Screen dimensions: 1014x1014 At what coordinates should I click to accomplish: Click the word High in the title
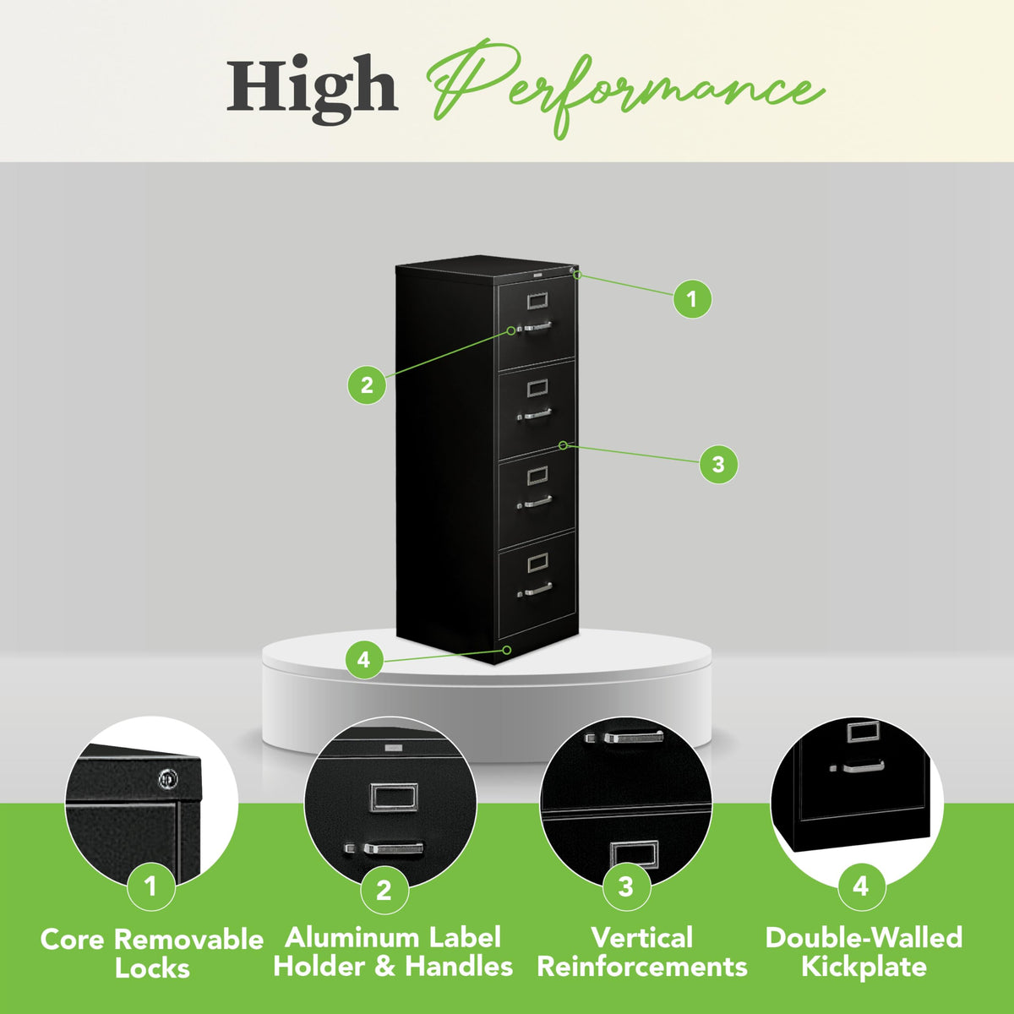coord(313,90)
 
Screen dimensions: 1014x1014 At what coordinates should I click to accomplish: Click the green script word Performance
coord(625,89)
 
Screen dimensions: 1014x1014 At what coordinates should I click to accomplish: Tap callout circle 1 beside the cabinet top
coord(693,298)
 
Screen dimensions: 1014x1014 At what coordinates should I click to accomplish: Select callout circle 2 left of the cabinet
coord(367,385)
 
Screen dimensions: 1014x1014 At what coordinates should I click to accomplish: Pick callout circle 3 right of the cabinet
coord(718,465)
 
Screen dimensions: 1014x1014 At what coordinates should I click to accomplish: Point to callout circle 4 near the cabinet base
coord(364,660)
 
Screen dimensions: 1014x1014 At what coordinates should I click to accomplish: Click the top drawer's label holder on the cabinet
coord(537,301)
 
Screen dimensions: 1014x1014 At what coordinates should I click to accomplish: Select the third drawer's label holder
coord(537,476)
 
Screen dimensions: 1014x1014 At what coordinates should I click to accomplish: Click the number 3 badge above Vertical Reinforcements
coord(625,887)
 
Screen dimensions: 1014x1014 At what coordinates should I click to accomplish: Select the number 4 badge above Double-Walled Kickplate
coord(861,886)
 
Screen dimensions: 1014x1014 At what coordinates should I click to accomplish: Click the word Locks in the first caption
coord(152,969)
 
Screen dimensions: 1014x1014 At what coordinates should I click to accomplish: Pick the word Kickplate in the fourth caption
coord(864,968)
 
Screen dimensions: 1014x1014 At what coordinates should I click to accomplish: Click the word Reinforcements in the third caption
coord(642,968)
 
